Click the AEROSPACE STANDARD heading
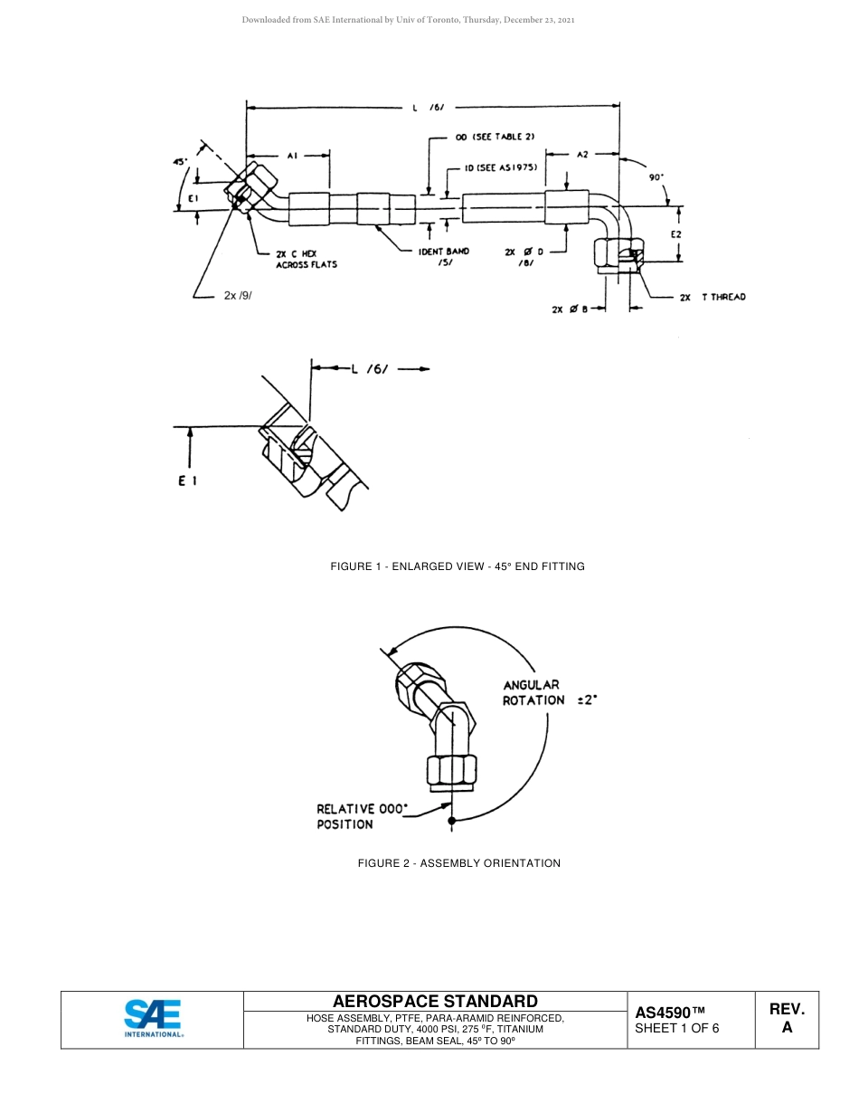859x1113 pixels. [x=435, y=1001]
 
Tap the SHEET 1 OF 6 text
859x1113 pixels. [x=677, y=1028]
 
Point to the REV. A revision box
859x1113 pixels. [x=787, y=1018]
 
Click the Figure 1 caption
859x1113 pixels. [x=458, y=566]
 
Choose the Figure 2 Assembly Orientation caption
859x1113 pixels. [x=459, y=863]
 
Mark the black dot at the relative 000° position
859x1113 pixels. [x=452, y=821]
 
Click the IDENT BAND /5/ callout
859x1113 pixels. [x=444, y=257]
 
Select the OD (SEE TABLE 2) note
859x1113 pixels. [x=495, y=137]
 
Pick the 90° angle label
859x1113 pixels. [x=656, y=178]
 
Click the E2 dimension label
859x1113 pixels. [x=675, y=234]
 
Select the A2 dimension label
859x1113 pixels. [x=583, y=155]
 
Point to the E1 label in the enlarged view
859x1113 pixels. [x=187, y=481]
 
